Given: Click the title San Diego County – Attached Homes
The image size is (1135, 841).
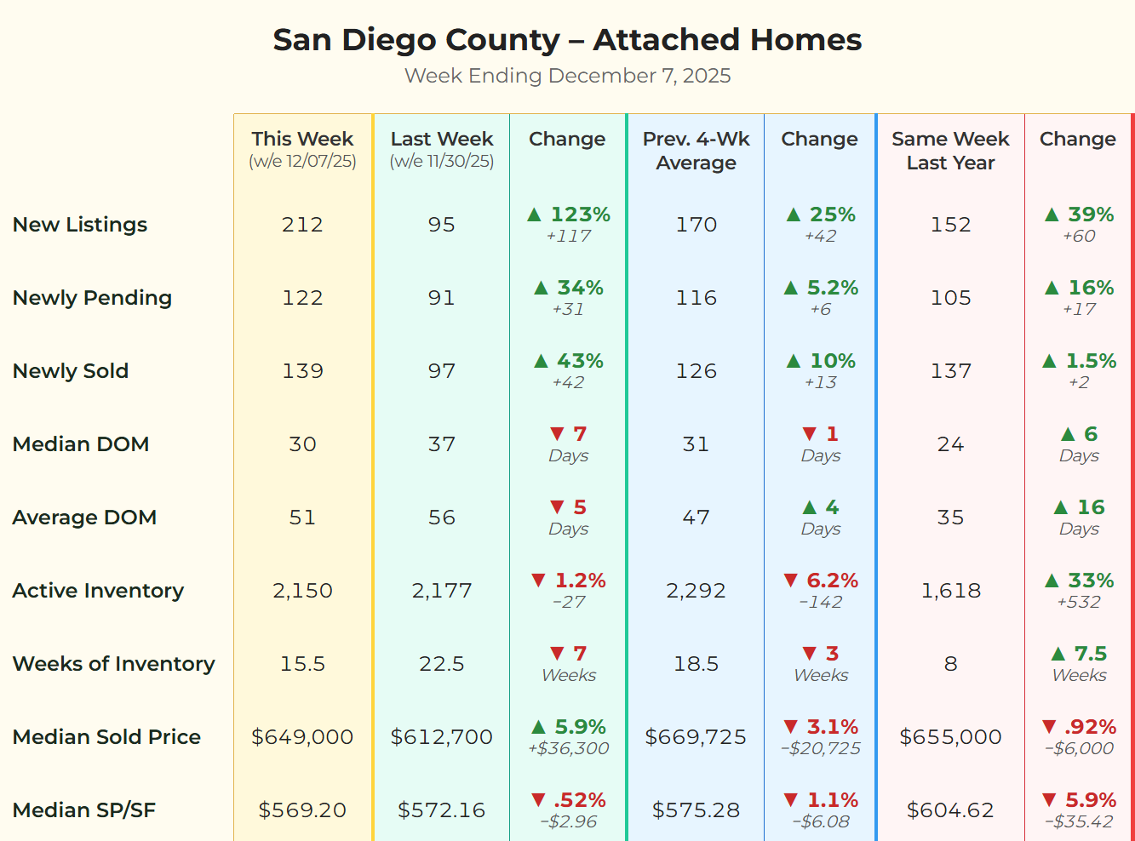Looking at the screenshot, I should point(567,40).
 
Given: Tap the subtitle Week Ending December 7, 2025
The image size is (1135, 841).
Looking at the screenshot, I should point(567,76).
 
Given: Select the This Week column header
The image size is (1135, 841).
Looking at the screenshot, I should point(302,140).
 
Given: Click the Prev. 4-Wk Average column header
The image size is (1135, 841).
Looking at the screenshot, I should point(696,151).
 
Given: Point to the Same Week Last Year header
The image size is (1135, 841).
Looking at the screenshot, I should point(950,151).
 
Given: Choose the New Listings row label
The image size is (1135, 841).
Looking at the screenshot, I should point(80,225).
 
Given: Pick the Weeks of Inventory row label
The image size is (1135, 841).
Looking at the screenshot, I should point(113,664).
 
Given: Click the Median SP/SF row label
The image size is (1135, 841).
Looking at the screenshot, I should point(84,810).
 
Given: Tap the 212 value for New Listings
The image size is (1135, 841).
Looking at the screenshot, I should point(302,225).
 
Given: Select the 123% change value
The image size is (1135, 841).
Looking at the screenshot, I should point(579,215).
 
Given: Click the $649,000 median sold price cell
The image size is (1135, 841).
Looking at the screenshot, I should point(302,737).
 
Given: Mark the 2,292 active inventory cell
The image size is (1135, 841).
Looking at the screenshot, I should point(696,591).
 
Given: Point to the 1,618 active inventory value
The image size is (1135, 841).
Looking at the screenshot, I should point(950,591).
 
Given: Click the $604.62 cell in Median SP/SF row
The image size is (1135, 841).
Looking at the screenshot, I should point(950,810).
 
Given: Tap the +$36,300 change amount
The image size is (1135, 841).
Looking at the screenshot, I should point(568,749).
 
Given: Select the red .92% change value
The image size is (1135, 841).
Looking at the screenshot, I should point(1090,727).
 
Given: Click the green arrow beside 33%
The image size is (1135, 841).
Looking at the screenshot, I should point(1052,581).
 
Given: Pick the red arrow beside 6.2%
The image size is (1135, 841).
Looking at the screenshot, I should point(791,581).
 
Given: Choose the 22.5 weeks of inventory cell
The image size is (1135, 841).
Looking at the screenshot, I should point(441,664).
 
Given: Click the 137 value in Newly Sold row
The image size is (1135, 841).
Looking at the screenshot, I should point(950,371).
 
